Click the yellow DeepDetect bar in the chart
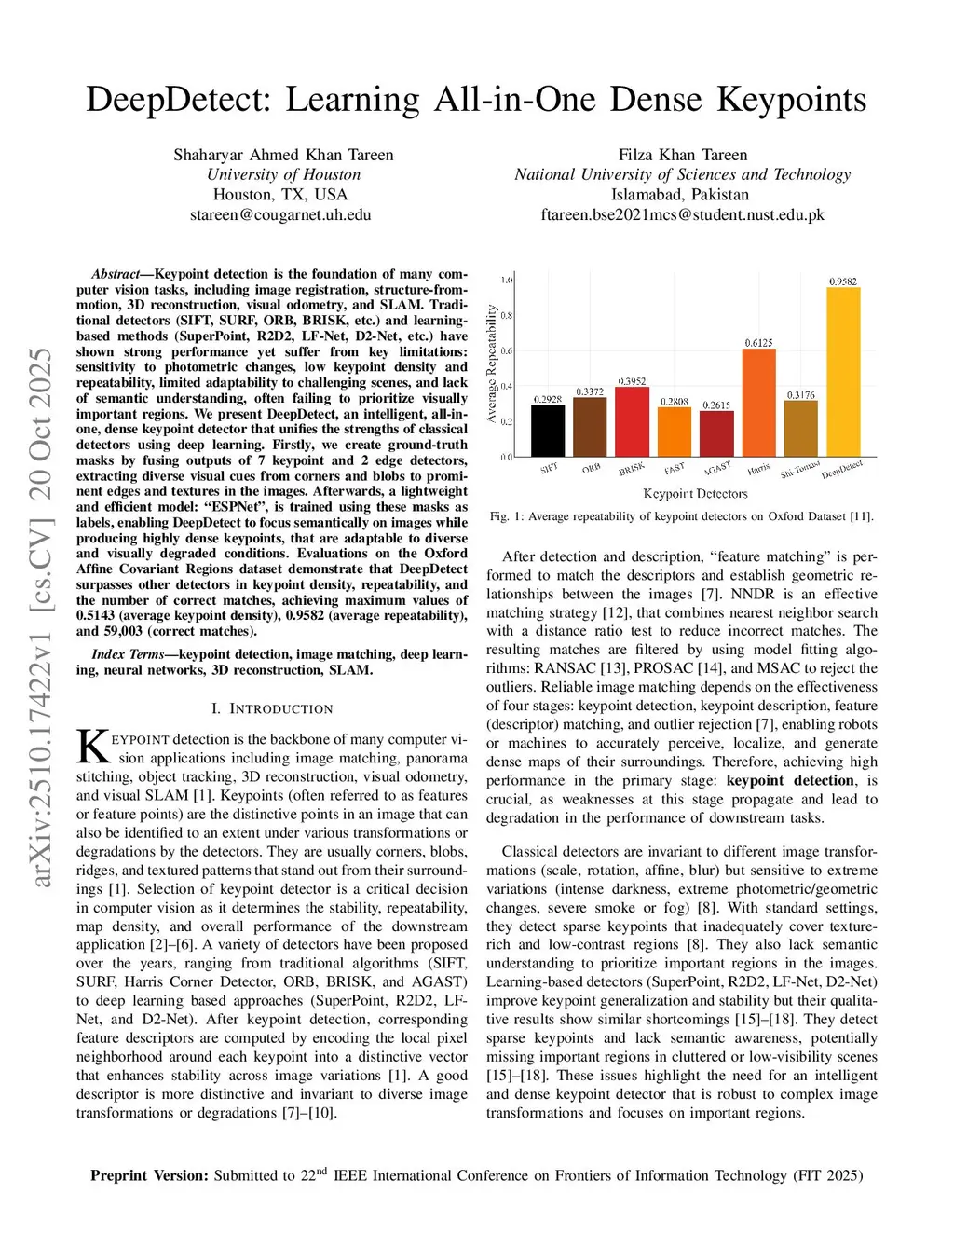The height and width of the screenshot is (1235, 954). (843, 373)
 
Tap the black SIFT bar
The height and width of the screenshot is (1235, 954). (548, 431)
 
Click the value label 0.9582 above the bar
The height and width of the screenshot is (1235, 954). (843, 281)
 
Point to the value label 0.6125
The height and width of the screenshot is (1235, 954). (758, 343)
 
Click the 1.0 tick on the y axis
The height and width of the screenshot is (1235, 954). (507, 280)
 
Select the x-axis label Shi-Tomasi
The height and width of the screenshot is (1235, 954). (799, 469)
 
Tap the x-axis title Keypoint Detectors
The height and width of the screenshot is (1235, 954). (695, 494)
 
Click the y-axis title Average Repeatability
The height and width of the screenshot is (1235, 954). (492, 364)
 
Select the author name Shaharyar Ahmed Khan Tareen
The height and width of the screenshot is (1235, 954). (283, 155)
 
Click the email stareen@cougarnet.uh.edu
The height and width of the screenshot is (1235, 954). (280, 214)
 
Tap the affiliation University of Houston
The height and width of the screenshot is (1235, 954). (283, 174)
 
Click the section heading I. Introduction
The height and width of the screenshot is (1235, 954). (272, 708)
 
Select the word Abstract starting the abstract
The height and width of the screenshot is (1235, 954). (116, 274)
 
